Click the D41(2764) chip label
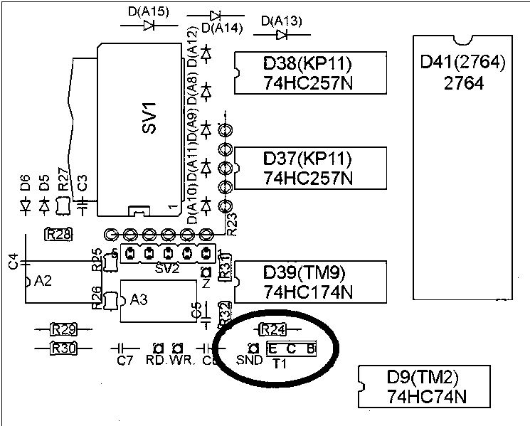[462, 63]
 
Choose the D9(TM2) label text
[425, 376]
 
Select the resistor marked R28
[58, 234]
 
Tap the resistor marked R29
[64, 329]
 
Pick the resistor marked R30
[64, 348]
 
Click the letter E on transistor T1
[273, 348]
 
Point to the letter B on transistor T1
[310, 348]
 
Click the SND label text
[248, 361]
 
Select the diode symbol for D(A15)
[150, 25]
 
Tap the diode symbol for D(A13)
[282, 33]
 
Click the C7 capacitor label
[124, 361]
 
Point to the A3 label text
[139, 299]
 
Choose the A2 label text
[43, 281]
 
